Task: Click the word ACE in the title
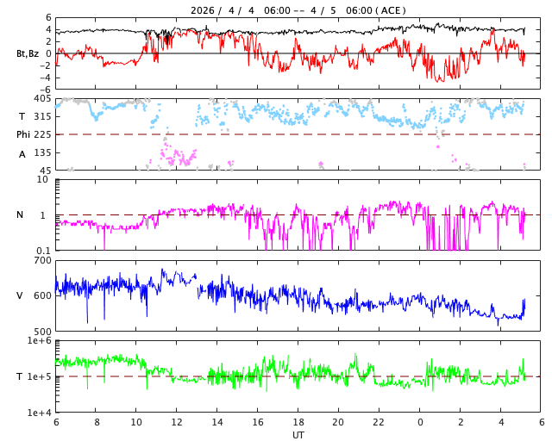(x=391, y=10)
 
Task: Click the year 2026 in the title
(x=204, y=10)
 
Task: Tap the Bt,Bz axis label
(x=28, y=53)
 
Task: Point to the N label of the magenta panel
(x=21, y=214)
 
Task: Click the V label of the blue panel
(x=20, y=295)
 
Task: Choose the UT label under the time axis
(x=298, y=435)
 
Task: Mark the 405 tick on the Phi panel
(x=43, y=99)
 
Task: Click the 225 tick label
(x=43, y=134)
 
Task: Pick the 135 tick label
(x=43, y=152)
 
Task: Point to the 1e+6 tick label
(x=39, y=341)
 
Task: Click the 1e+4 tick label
(x=39, y=413)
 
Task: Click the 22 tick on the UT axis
(x=379, y=423)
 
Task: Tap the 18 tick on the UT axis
(x=298, y=423)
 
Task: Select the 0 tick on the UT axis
(x=420, y=423)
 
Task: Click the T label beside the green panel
(x=20, y=376)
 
